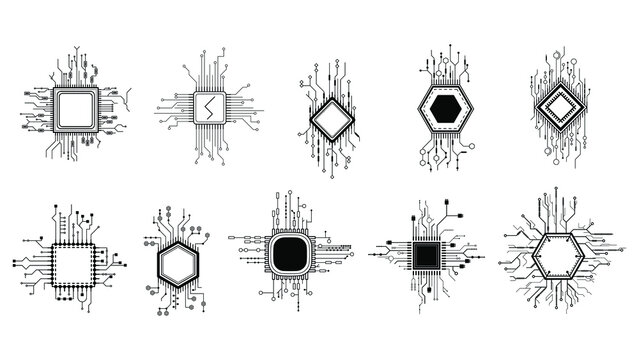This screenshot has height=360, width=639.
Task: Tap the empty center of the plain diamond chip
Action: coord(330,118)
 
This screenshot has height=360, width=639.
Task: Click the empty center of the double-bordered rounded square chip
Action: coord(74,105)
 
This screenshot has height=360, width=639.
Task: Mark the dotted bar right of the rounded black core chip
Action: coord(335,245)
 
